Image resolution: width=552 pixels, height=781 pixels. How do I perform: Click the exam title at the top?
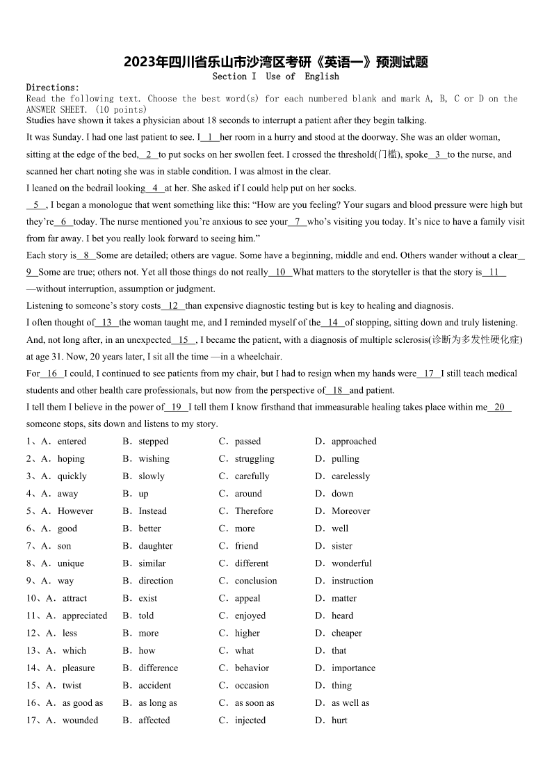point(276,62)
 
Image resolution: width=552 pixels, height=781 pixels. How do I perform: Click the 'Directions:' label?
point(53,88)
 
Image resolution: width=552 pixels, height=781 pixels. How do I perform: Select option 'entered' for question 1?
point(72,442)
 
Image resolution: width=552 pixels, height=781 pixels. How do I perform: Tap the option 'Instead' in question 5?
point(152,511)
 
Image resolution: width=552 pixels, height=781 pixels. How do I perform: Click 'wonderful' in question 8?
point(351,563)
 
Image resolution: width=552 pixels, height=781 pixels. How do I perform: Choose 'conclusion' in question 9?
point(255,581)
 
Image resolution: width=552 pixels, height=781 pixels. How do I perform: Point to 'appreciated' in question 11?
point(85,615)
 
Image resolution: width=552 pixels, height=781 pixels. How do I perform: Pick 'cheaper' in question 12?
point(346,634)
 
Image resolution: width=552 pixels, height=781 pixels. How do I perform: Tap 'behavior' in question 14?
point(252,668)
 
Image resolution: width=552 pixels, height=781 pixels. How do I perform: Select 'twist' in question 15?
point(72,686)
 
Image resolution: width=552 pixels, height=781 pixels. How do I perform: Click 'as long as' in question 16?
point(157,703)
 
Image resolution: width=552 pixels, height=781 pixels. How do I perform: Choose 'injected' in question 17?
point(250,720)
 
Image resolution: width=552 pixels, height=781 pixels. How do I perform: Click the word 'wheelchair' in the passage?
point(259,357)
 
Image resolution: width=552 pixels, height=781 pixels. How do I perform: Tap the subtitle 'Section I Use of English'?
point(276,77)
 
